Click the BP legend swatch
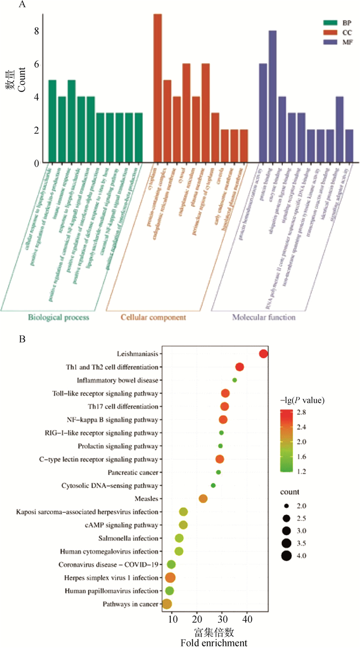329,23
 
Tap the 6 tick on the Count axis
37,64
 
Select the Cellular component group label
153,317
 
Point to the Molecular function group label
263,317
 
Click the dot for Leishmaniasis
264,354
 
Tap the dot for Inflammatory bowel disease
235,380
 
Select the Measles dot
203,498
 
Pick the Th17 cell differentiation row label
128,406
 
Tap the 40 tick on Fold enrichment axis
247,618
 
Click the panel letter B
21,340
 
